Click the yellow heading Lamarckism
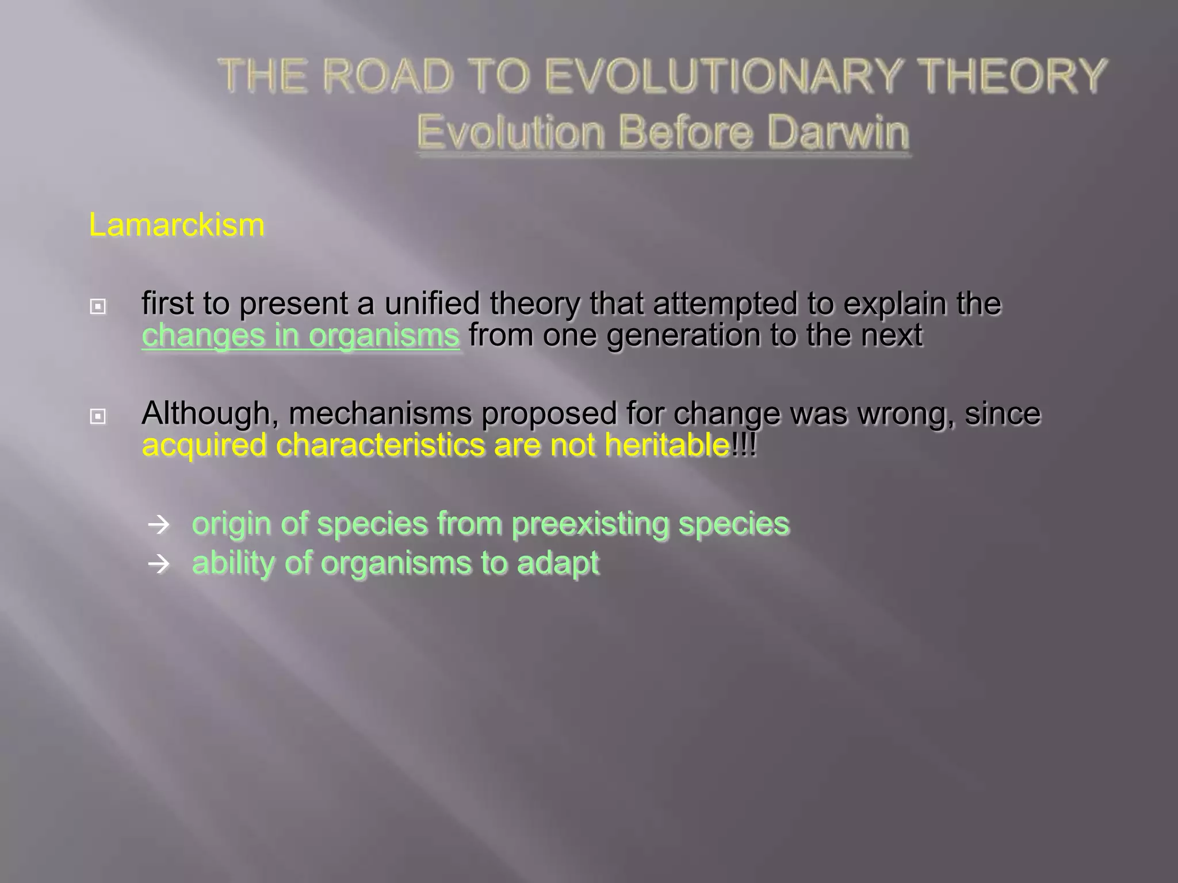click(x=177, y=225)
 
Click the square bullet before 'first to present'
click(x=98, y=307)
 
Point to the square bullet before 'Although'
click(x=98, y=416)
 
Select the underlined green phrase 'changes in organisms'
click(x=301, y=336)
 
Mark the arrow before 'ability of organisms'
click(x=159, y=564)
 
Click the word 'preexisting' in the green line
click(x=590, y=524)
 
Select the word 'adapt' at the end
click(x=557, y=563)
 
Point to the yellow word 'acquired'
click(x=204, y=446)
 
